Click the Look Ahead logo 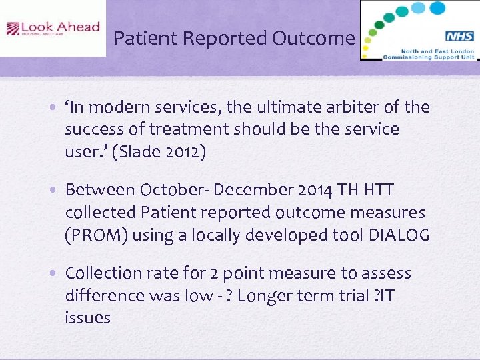[53, 28]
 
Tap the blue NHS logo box [459, 37]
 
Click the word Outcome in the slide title [313, 38]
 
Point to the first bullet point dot [57, 108]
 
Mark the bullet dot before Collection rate [57, 274]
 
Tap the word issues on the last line [87, 317]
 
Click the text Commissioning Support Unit [427, 57]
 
